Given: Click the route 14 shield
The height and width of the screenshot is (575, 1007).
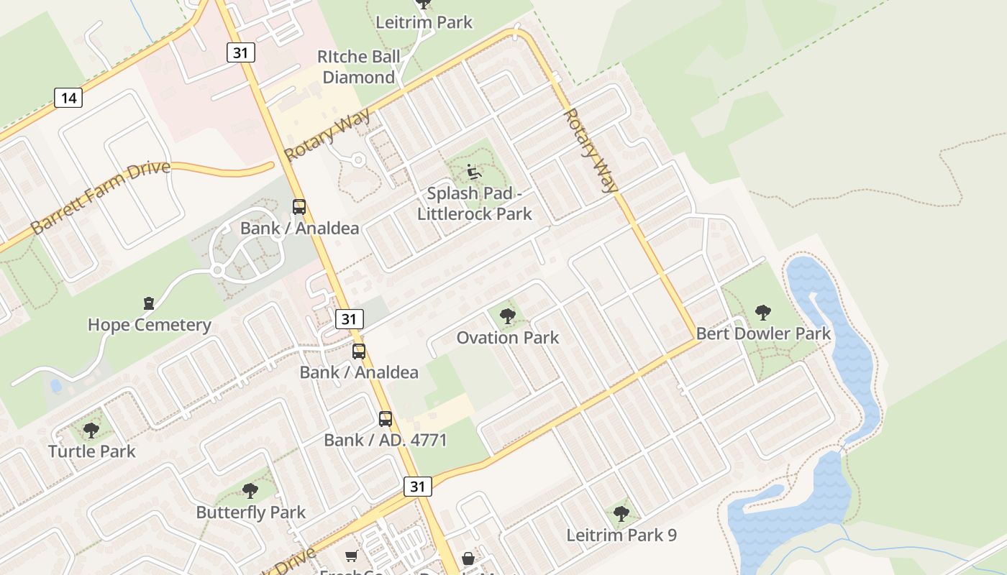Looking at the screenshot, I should point(68,97).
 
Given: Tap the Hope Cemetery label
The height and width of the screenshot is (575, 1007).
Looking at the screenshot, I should point(150,325).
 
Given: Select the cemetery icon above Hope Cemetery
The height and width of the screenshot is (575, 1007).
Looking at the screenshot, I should point(149,303).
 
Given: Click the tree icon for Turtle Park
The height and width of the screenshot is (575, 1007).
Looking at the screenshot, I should point(91,431).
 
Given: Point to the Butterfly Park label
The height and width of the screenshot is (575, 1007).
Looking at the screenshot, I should point(251,512).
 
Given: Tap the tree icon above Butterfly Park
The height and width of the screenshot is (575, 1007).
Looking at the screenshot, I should point(250,491).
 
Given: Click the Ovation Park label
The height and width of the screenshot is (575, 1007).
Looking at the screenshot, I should point(508,337).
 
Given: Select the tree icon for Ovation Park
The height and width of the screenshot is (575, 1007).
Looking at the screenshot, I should point(508,316).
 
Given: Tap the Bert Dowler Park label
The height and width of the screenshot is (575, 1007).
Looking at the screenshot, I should point(763,333).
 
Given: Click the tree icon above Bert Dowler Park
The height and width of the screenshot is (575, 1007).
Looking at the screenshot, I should point(763,312).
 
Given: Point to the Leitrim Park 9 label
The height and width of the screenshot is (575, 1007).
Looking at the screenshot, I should point(621,535).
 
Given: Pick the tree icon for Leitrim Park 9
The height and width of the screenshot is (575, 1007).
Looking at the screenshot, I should point(621,513).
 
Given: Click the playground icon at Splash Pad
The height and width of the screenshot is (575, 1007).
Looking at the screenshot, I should point(474,172).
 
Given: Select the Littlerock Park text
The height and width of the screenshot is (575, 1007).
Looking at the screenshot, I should point(475,213).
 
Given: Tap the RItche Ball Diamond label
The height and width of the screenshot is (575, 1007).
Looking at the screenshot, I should point(359,67).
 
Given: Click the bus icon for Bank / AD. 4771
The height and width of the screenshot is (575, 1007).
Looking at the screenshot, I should point(386,418).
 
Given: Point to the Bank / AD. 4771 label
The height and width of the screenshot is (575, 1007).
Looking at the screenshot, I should point(386,440).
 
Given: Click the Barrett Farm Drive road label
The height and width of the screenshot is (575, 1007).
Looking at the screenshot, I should point(101,197).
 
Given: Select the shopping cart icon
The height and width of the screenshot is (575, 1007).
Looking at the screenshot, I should point(352,556).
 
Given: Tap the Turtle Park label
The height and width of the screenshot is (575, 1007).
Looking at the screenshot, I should point(92,451).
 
